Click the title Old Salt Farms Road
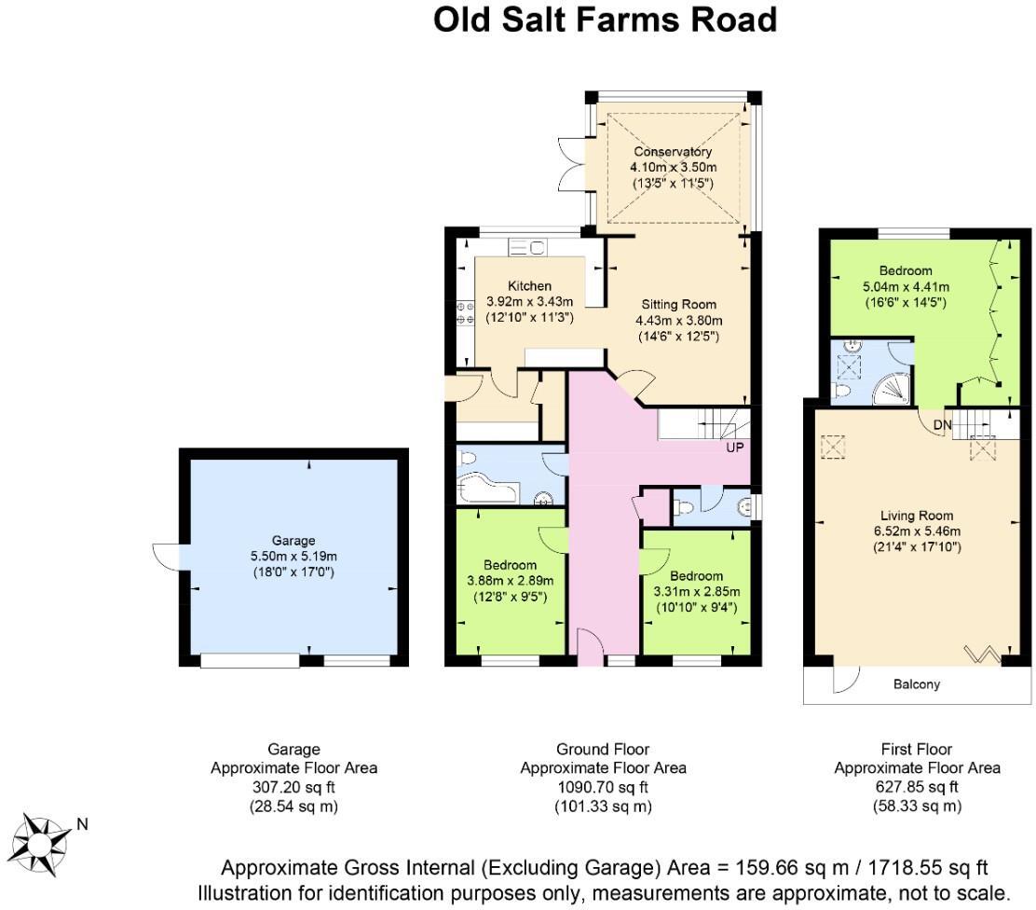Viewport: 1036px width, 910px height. (605, 20)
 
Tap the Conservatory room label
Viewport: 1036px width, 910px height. (673, 152)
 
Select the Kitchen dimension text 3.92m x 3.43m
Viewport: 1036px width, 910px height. (529, 302)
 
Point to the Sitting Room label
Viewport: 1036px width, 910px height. (678, 304)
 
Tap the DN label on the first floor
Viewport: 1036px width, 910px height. (943, 425)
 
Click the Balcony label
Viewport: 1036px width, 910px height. (917, 684)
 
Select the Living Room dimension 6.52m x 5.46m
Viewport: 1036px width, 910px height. (918, 531)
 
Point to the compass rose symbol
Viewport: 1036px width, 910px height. (41, 838)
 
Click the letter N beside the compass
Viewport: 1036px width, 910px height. (82, 823)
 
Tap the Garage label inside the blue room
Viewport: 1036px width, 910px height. (293, 540)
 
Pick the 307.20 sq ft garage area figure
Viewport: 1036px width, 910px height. (293, 787)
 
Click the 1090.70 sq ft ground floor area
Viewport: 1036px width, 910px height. (603, 787)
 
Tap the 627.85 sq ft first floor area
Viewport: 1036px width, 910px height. (917, 787)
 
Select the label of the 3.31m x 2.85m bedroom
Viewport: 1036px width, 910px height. (696, 575)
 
